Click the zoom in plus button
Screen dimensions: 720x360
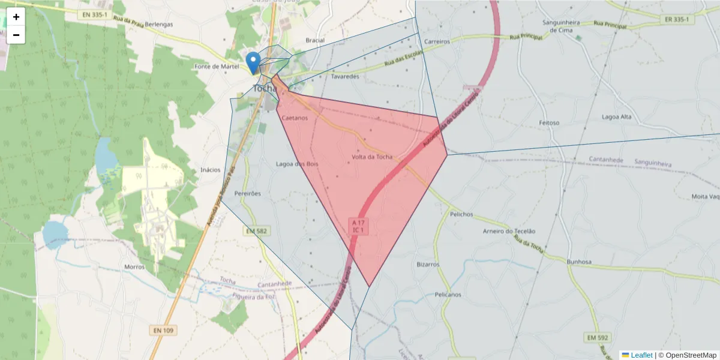click(16, 17)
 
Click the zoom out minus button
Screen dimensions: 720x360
click(16, 35)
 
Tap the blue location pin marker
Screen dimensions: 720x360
click(254, 62)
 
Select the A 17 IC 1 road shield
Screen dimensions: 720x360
click(359, 226)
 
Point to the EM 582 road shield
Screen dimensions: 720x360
click(256, 231)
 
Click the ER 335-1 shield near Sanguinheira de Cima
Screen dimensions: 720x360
click(677, 19)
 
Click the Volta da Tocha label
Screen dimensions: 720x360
click(372, 157)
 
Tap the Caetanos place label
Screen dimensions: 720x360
click(295, 118)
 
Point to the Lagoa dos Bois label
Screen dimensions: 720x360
click(297, 164)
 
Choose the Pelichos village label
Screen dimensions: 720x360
click(461, 214)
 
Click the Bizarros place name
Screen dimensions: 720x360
click(428, 264)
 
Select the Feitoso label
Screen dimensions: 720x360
click(549, 123)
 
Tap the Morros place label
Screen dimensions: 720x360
click(134, 266)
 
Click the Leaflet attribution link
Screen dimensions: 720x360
click(641, 355)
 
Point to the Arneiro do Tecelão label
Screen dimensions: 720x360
click(509, 232)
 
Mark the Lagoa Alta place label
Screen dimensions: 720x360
click(618, 118)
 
